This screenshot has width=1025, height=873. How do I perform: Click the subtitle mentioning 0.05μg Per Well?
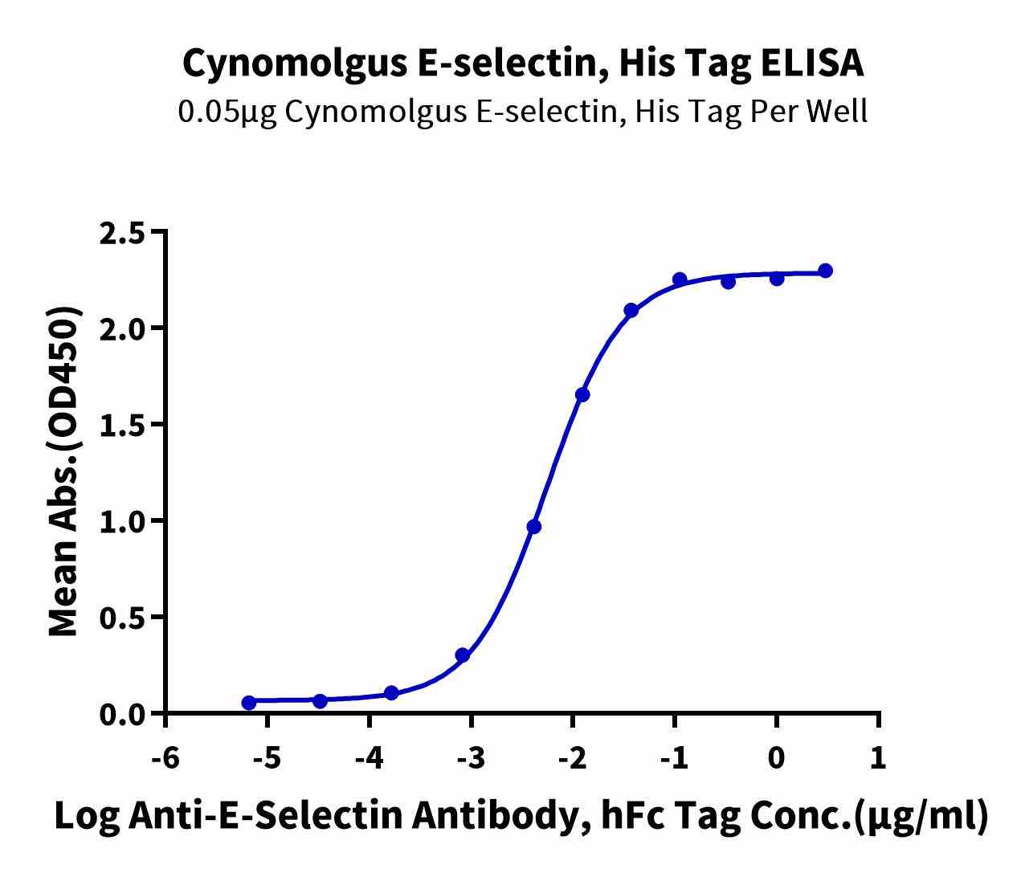pyautogui.click(x=523, y=112)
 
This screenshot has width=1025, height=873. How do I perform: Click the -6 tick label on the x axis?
pyautogui.click(x=165, y=758)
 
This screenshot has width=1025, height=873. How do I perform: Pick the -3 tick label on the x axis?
pyautogui.click(x=471, y=758)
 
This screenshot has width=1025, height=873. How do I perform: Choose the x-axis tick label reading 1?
pyautogui.click(x=878, y=758)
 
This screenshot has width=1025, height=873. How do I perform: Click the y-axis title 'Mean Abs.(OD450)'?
pyautogui.click(x=64, y=473)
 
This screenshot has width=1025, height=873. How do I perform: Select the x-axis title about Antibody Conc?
pyautogui.click(x=521, y=816)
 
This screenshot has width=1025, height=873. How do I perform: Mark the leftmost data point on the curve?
pyautogui.click(x=249, y=703)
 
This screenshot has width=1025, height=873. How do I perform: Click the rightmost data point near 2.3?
pyautogui.click(x=825, y=271)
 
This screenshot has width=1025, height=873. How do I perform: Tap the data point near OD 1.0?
pyautogui.click(x=534, y=527)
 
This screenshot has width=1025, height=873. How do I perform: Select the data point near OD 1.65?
pyautogui.click(x=582, y=395)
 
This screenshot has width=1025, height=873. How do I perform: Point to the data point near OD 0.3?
pyautogui.click(x=462, y=655)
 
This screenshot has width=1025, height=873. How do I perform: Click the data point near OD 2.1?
pyautogui.click(x=631, y=311)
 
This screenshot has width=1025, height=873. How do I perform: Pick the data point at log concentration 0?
pyautogui.click(x=777, y=279)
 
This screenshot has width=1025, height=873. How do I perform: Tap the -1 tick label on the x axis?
pyautogui.click(x=674, y=758)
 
